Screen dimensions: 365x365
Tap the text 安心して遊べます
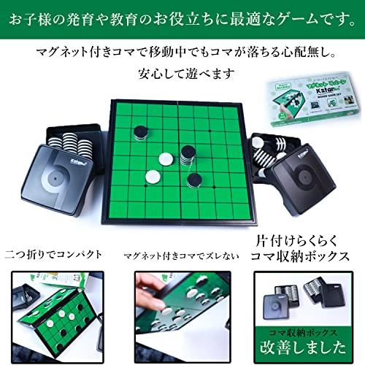point(183,74)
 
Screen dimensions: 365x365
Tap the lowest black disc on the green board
point(194,180)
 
